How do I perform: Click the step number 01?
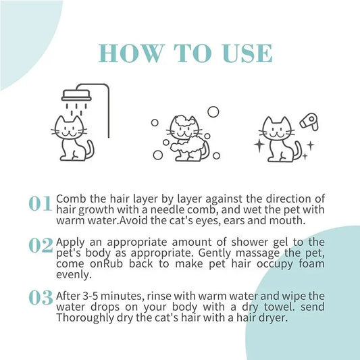tap(41, 204)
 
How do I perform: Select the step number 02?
tap(41, 247)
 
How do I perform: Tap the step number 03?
tap(41, 297)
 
